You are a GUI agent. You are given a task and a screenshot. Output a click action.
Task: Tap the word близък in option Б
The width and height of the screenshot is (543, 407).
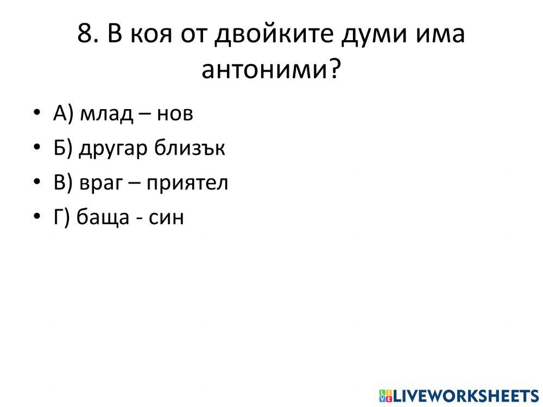190,148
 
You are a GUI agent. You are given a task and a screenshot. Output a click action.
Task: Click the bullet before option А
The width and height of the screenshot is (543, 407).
36,114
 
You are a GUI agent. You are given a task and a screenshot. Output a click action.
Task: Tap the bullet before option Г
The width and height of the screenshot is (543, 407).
36,217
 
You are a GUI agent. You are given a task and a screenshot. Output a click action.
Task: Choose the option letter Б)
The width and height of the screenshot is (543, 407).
62,148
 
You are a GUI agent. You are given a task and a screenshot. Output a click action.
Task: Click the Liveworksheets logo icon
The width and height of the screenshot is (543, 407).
386,395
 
